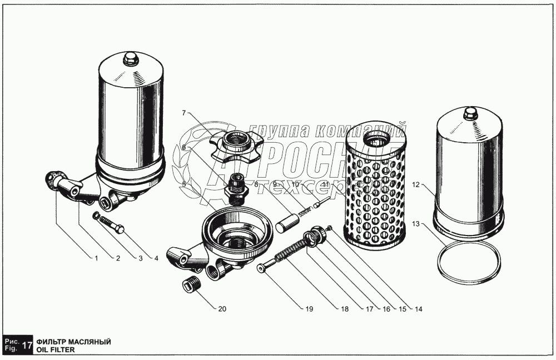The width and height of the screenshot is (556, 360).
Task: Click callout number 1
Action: click(x=96, y=258)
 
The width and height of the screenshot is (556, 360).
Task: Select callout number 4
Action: click(x=156, y=258)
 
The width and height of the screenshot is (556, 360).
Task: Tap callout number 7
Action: click(x=183, y=113)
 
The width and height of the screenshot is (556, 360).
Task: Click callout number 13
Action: click(x=415, y=224)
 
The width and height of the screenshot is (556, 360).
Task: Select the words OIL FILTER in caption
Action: click(x=56, y=351)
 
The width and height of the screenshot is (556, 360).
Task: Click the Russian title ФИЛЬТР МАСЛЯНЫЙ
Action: click(x=73, y=342)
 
